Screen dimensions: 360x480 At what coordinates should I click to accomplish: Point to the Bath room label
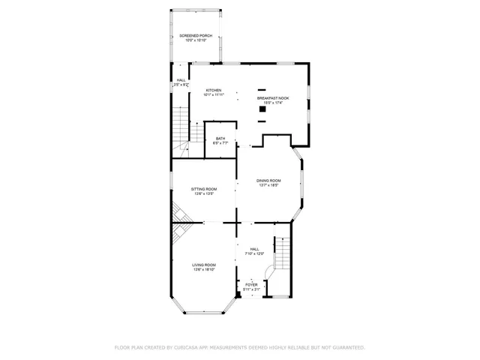tap(220, 138)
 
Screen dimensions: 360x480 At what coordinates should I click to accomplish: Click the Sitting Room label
tap(203, 190)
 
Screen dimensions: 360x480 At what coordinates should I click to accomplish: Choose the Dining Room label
tap(269, 181)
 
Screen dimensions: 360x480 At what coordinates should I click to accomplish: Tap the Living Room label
tap(204, 265)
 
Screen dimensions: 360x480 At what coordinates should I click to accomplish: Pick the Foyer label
tap(251, 284)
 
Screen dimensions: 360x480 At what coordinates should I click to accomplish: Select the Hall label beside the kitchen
tap(181, 80)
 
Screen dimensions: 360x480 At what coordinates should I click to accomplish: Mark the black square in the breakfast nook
tap(262, 109)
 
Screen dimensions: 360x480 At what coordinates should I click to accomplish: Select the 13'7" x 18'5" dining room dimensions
tap(269, 185)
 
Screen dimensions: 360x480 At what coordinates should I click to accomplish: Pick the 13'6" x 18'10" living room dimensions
tap(204, 269)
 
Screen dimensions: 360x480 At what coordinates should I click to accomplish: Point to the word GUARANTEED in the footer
tap(348, 347)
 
